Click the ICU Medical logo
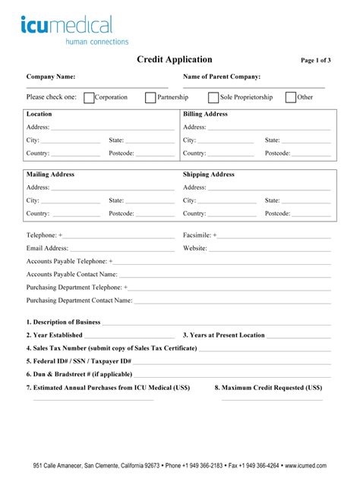pos(74,30)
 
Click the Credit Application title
pos(174,60)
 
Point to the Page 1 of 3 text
pos(316,61)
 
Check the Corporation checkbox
pos(89,97)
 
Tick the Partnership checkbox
pos(150,97)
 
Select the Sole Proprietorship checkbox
pos(213,97)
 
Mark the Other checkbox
pos(291,97)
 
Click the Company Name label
pos(51,77)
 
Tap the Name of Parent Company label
pos(222,77)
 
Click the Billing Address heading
pos(205,114)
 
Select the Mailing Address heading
pos(50,175)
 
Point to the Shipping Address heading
pos(208,175)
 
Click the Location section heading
pos(39,114)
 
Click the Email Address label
pos(47,248)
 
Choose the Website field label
pos(195,248)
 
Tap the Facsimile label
pos(200,235)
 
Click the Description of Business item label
pos(63,322)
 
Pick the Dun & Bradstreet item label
pos(79,374)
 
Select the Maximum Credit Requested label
pos(268,387)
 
